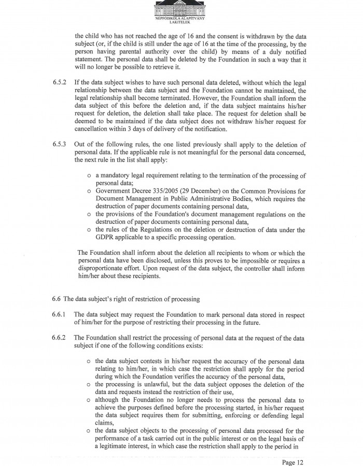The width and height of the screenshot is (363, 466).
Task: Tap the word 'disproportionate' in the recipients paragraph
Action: tap(103, 269)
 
